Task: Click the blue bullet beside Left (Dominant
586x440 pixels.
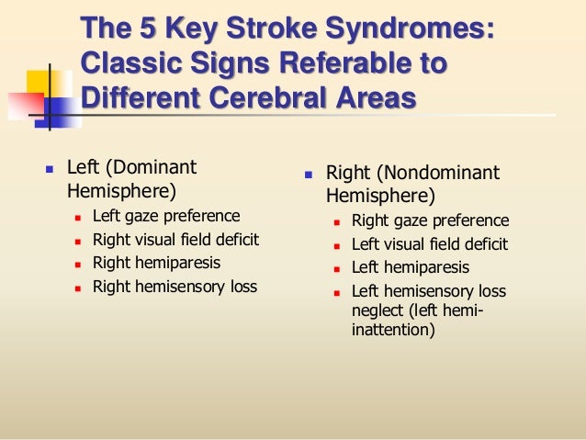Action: (x=49, y=172)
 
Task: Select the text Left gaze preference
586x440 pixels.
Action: (x=166, y=217)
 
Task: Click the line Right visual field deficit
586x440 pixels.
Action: (x=175, y=240)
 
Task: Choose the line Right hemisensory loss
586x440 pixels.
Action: (x=175, y=287)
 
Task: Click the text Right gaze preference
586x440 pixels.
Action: (x=430, y=221)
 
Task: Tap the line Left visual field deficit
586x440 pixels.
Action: (x=430, y=244)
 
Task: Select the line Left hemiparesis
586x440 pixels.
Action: (x=411, y=268)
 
